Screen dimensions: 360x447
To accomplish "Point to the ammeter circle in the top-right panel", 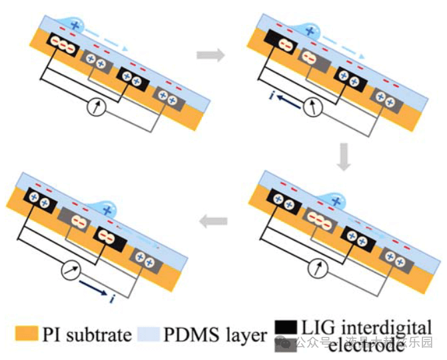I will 310,107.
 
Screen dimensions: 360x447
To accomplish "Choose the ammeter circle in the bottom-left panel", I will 67,269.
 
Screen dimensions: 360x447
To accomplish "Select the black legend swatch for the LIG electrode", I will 286,327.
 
